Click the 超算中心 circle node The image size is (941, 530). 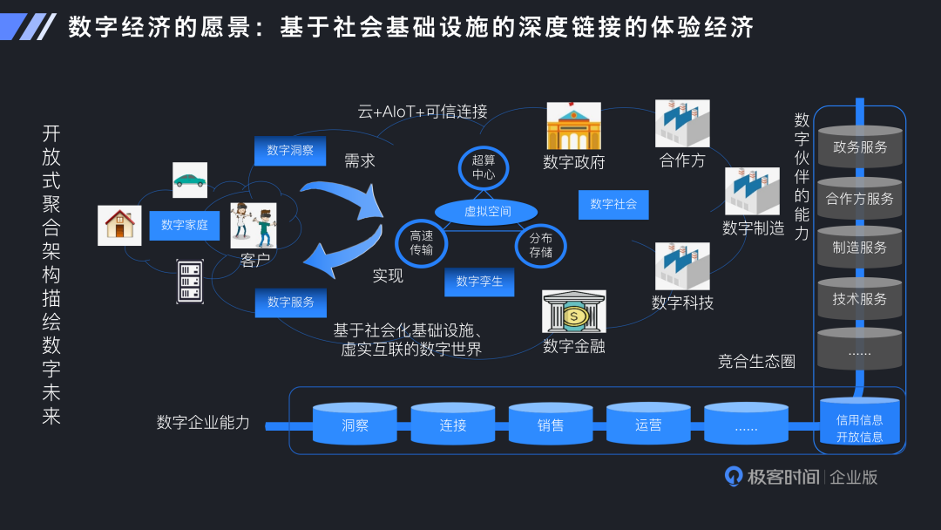[x=483, y=167]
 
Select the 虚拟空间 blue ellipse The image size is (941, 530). [x=487, y=212]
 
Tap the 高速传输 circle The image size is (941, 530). [x=421, y=243]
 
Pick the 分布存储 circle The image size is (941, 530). [x=540, y=245]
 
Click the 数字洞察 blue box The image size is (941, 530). [x=290, y=150]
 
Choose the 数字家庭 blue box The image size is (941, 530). [x=185, y=225]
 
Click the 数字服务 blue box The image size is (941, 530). [x=291, y=302]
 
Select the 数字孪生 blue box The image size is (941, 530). [x=479, y=282]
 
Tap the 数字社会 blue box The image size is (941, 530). [x=613, y=204]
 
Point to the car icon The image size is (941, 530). [x=190, y=180]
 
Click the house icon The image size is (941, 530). [x=119, y=225]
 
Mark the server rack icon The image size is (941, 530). [x=190, y=281]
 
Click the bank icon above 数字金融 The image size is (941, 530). [x=573, y=312]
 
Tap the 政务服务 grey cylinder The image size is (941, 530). [x=859, y=146]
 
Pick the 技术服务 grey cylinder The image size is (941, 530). [x=859, y=298]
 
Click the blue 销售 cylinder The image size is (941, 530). [x=551, y=425]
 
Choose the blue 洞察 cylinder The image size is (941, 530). [x=355, y=425]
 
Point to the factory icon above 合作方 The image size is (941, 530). [x=682, y=124]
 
